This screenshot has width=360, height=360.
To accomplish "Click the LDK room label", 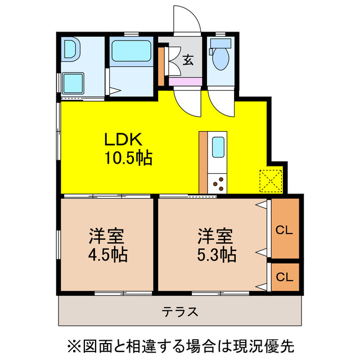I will (x=124, y=139).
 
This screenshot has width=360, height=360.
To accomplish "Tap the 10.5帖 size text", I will (x=128, y=158).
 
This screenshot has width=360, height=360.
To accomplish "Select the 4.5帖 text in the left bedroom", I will (x=107, y=255).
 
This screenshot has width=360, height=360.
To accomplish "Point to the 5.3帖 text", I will (x=217, y=255).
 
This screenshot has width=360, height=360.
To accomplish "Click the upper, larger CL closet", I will (x=285, y=229).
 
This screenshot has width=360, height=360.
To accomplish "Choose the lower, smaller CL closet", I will (x=285, y=277).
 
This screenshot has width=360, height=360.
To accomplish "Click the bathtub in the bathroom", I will (x=130, y=51).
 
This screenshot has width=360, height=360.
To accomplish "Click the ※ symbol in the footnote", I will (x=74, y=343).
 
